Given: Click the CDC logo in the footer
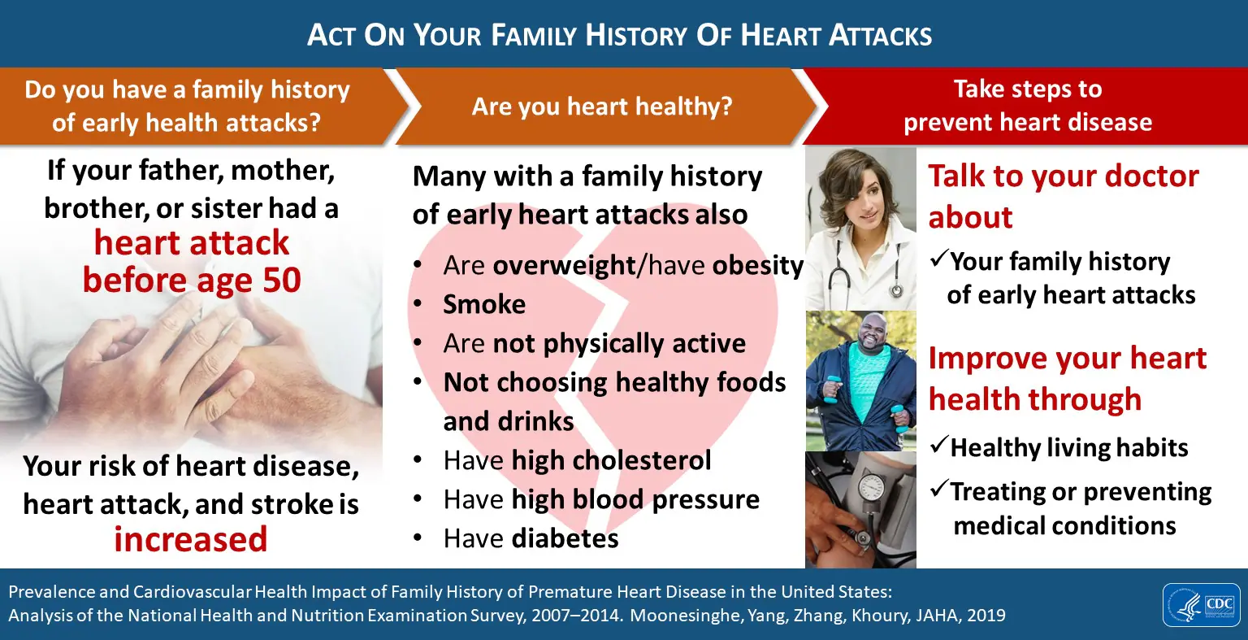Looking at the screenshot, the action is point(1201,605).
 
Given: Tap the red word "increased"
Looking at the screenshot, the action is point(191,539).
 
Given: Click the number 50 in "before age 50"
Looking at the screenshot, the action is point(282,280).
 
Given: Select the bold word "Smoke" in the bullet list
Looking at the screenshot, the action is point(484,304).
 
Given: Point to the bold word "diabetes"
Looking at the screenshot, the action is point(565,538).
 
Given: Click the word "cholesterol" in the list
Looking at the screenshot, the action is point(641,460).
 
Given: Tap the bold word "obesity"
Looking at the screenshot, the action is point(758,266).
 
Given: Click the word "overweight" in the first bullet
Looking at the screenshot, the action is point(564,266).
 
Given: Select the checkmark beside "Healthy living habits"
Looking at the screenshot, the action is point(938,445).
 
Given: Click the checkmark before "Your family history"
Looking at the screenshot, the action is point(938,258).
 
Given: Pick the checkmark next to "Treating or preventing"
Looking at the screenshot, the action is point(938,489).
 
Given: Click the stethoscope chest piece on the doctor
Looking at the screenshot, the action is point(896,290).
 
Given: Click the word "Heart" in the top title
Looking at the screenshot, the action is point(779,36).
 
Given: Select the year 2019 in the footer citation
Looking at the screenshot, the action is point(986,616).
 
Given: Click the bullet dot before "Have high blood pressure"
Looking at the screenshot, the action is point(418,499).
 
